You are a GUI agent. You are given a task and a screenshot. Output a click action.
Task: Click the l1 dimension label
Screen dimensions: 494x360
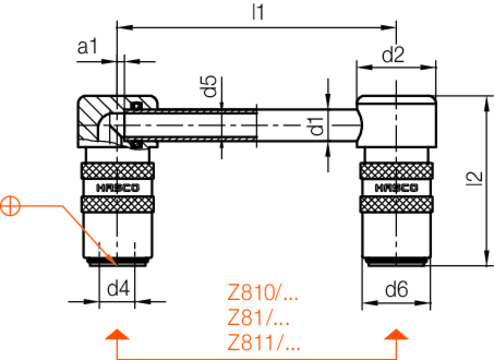coord(258,12)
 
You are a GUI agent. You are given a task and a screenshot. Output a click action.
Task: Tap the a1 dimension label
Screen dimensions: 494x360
coord(87,46)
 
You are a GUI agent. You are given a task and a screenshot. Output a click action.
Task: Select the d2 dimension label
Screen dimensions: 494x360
coord(393,55)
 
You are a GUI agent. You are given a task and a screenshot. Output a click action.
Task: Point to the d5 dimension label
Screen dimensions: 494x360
coord(208,86)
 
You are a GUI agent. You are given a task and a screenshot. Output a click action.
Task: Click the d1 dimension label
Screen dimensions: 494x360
coord(317,126)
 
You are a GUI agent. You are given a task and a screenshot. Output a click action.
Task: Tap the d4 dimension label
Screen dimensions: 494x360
coord(118,288)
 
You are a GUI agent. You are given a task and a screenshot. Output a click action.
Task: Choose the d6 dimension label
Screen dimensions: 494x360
coord(396,289)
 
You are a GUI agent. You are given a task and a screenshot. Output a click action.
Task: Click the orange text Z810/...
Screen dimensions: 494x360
coord(263,292)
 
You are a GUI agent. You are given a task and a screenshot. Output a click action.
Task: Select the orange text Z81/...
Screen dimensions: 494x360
coord(258,317)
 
